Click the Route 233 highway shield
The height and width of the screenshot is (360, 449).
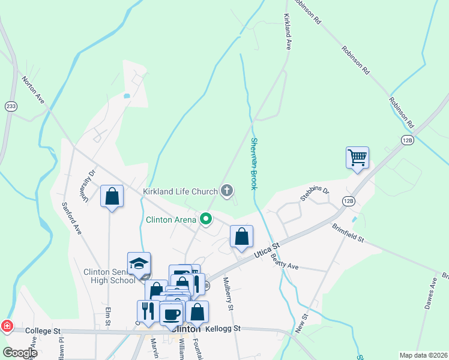click(x=11, y=106)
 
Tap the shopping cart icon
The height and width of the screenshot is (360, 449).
click(x=357, y=157)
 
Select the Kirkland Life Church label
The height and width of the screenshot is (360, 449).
click(x=179, y=191)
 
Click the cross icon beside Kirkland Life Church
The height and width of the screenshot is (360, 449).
click(x=226, y=191)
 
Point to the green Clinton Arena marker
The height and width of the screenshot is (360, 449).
click(x=206, y=220)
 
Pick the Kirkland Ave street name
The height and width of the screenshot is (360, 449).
click(x=288, y=32)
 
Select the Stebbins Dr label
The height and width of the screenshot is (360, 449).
click(x=315, y=194)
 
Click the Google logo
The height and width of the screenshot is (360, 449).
click(x=19, y=353)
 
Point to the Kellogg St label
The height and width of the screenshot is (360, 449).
click(x=223, y=329)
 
